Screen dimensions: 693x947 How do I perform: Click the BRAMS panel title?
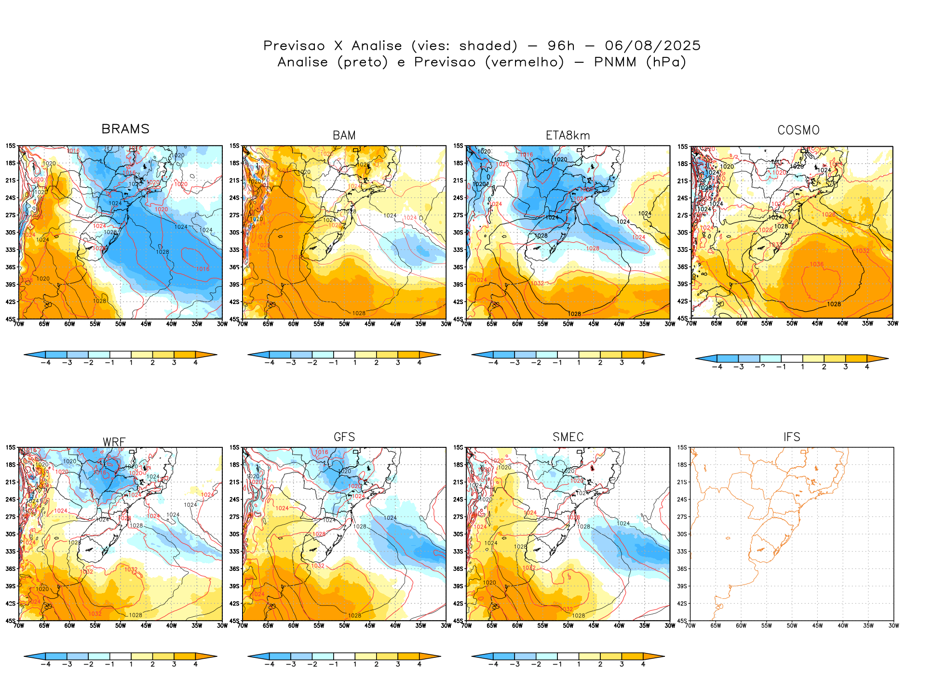[x=125, y=129]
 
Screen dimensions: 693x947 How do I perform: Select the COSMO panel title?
[x=798, y=130]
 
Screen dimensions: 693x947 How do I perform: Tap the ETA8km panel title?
[x=568, y=136]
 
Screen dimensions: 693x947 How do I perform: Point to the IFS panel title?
[x=792, y=437]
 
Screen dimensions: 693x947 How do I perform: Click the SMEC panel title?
[x=568, y=437]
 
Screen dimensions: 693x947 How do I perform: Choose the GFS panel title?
[x=344, y=437]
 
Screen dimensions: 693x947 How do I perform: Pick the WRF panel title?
[x=114, y=442]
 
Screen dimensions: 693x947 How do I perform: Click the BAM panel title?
[x=344, y=136]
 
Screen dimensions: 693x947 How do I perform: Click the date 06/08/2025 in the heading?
[x=652, y=46]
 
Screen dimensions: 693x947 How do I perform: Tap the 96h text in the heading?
[x=561, y=46]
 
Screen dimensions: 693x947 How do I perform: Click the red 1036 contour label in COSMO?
[x=817, y=264]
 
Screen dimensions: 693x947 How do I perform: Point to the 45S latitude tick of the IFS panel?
[x=682, y=621]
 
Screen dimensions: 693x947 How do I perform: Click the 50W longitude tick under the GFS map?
[x=344, y=626]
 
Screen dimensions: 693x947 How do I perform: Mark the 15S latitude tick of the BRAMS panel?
[x=11, y=146]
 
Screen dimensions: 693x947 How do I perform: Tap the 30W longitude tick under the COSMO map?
[x=893, y=324]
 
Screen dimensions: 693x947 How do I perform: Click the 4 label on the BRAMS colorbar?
[x=195, y=363]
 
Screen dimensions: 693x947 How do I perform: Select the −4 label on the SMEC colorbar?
[x=493, y=665]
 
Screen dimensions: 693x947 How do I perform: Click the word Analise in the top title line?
[x=377, y=46]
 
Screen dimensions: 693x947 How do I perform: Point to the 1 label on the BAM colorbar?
[x=355, y=363]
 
